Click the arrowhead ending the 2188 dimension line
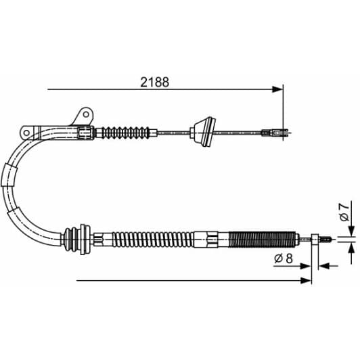point(277,89)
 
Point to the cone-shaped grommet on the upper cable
point(202,131)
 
